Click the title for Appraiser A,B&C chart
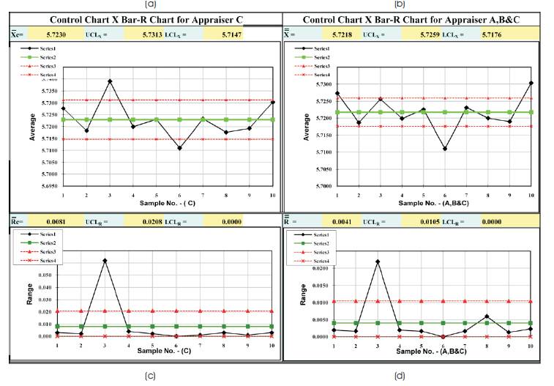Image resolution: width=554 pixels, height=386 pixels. pos(417,20)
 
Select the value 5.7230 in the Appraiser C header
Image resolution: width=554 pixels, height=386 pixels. pos(82,34)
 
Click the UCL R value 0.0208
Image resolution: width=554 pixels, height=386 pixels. pos(159,220)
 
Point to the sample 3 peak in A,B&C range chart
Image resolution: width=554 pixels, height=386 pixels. pos(378,261)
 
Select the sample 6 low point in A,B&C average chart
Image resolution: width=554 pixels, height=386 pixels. pos(445,149)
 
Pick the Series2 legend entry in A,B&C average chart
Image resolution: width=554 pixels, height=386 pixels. pos(319,57)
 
